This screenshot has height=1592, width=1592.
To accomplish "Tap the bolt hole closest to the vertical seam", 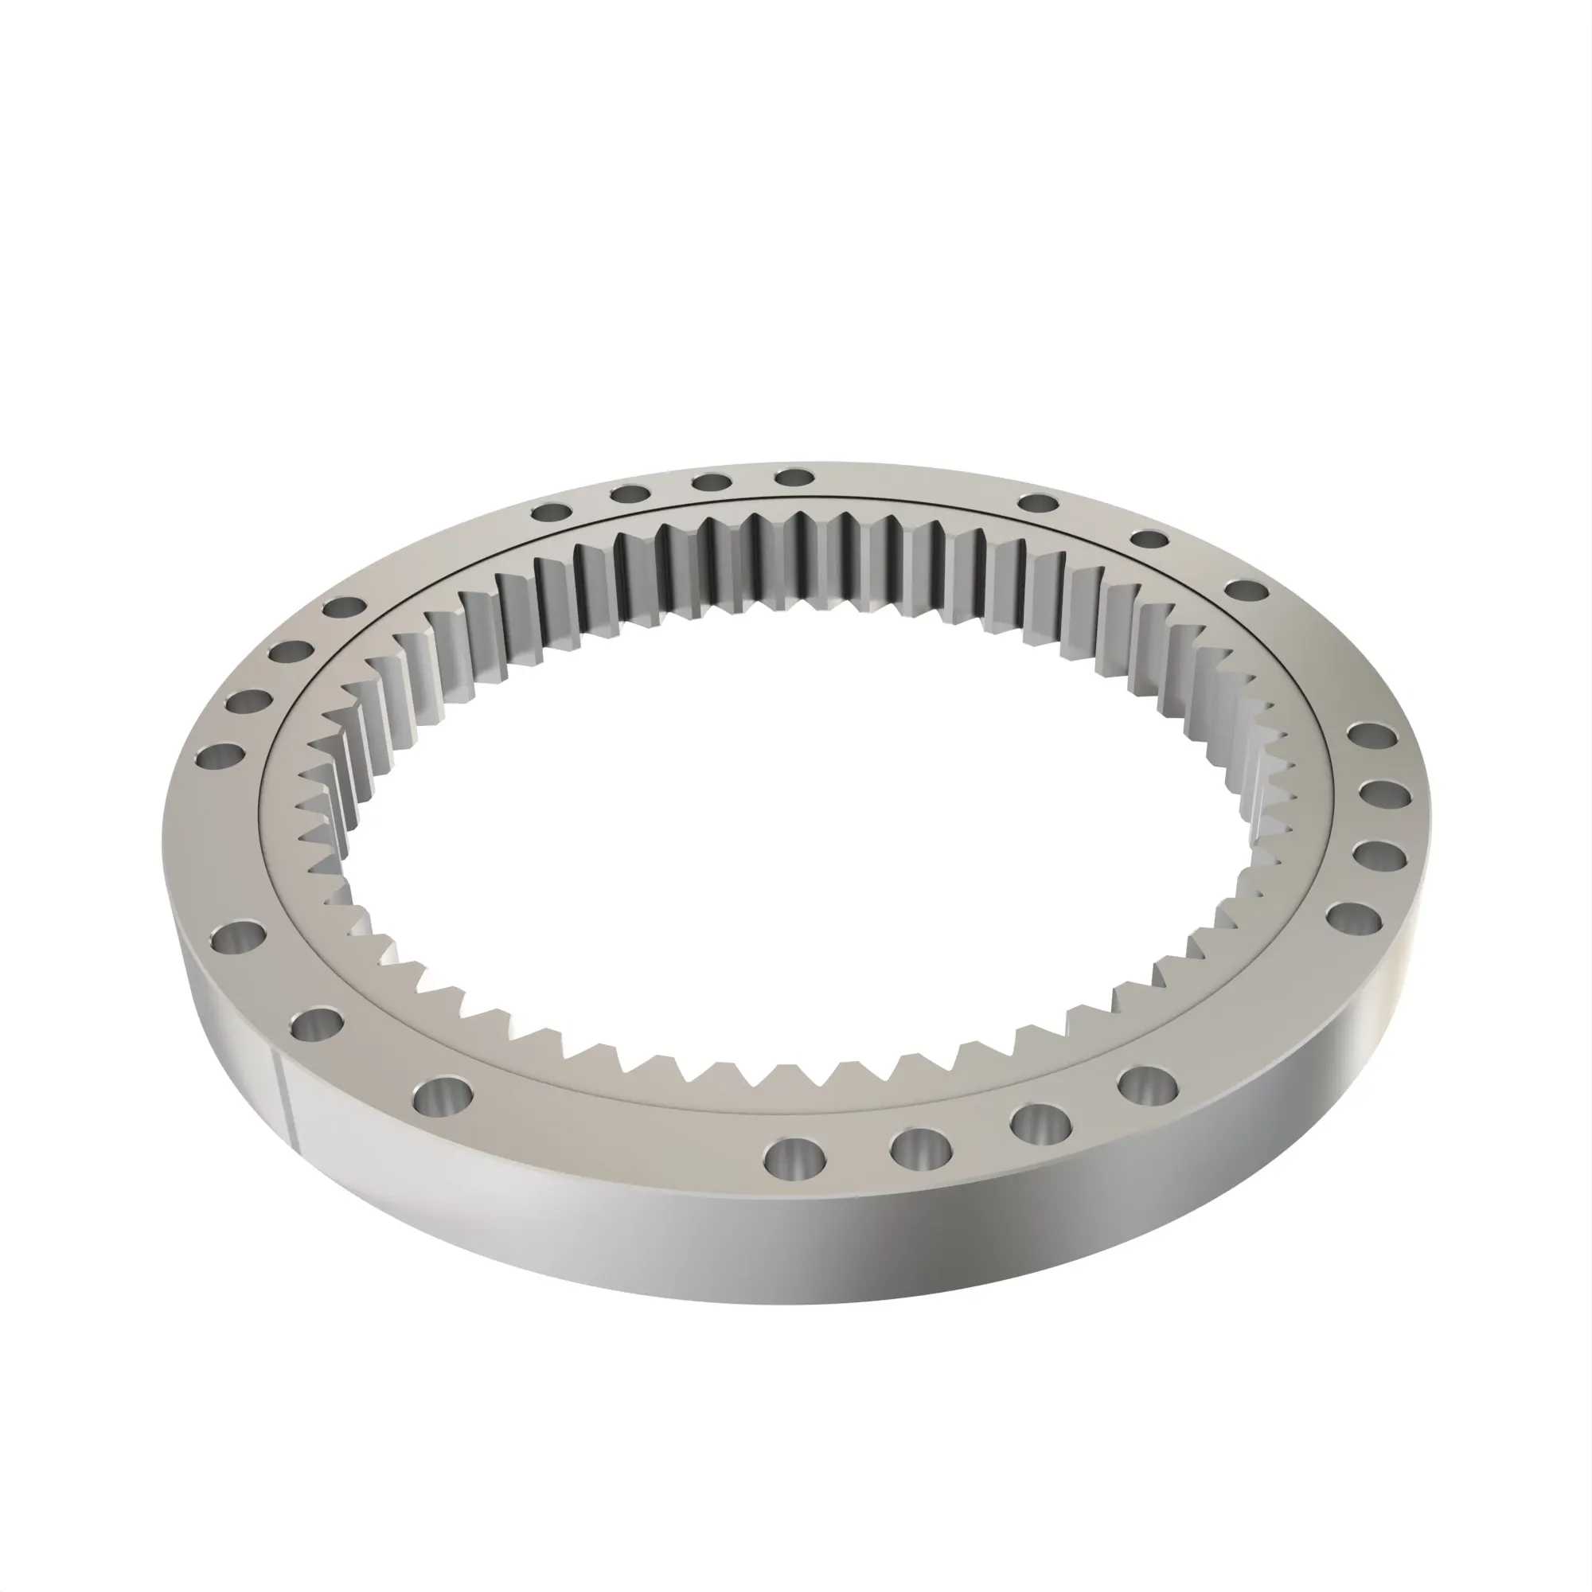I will coord(318,1025).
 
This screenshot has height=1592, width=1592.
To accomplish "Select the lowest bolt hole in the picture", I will coord(795,1157).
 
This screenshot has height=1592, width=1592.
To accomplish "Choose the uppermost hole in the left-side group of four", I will coord(344,608).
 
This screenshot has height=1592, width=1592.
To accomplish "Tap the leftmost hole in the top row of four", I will coord(552,513).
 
